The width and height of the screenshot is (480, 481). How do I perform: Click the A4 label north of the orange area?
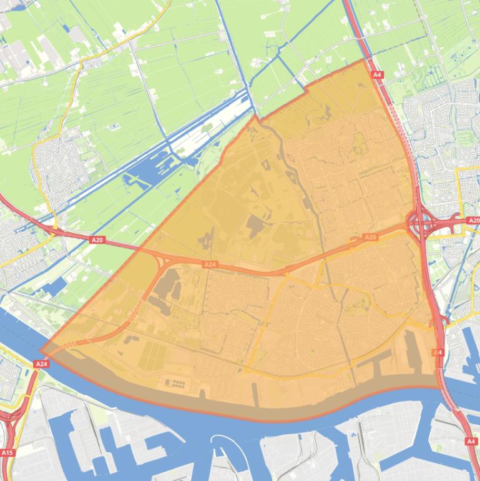click(x=376, y=74)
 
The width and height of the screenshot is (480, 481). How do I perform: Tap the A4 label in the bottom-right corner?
click(x=471, y=441)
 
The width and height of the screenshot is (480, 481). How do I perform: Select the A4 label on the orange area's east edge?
click(x=438, y=352)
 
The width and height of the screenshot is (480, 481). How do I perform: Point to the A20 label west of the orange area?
click(x=97, y=239)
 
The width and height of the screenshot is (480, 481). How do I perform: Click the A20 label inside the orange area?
click(x=370, y=237)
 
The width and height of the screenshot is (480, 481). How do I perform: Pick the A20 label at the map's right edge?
click(x=473, y=221)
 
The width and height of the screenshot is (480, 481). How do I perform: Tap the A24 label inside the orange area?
click(x=210, y=264)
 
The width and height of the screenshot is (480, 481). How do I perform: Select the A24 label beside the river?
click(x=41, y=364)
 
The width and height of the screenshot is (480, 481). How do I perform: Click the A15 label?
click(x=7, y=452)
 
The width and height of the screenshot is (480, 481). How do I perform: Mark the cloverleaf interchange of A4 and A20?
click(x=424, y=222)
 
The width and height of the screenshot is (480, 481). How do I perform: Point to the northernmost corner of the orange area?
click(x=365, y=60)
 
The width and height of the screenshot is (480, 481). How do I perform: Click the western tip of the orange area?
click(x=41, y=351)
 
